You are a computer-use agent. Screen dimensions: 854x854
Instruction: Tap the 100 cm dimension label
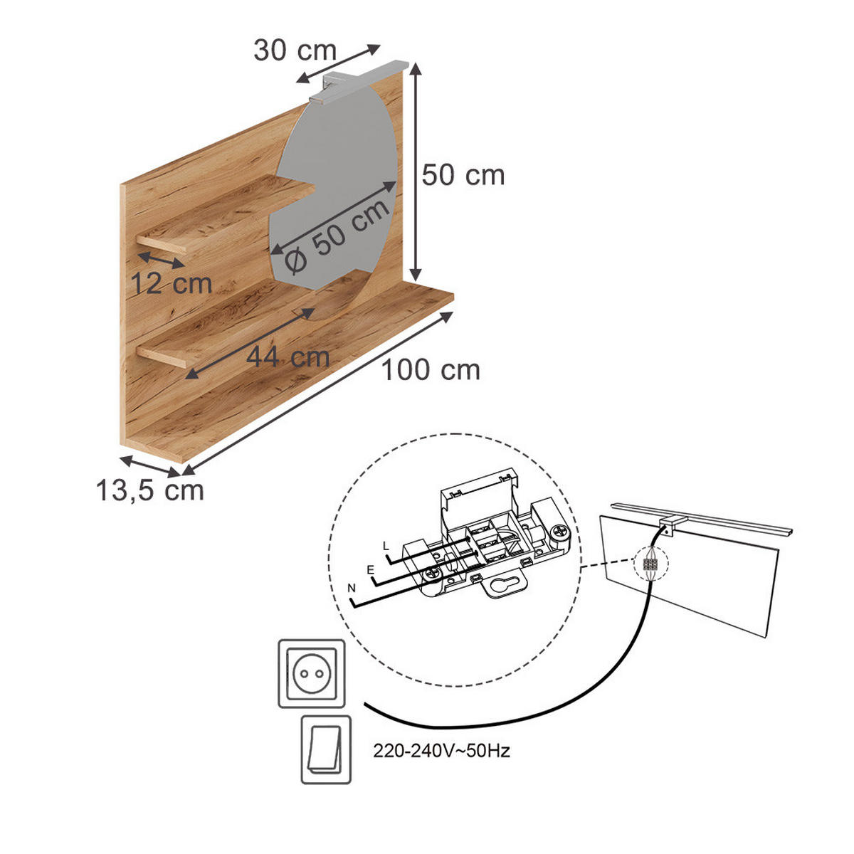click(431, 370)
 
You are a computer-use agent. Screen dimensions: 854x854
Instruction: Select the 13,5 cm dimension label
click(149, 490)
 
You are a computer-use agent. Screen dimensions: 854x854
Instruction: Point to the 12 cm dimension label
click(172, 284)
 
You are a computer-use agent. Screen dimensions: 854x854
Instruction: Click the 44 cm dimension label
click(288, 356)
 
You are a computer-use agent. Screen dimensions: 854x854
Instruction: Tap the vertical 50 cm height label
click(463, 175)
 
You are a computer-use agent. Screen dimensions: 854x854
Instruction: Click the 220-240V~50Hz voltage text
click(441, 751)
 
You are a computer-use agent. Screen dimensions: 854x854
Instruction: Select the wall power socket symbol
click(312, 673)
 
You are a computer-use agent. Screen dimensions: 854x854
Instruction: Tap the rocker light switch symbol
click(326, 749)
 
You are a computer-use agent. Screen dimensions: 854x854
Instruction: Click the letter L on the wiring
click(386, 546)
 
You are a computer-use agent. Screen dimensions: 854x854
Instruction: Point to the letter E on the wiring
click(369, 570)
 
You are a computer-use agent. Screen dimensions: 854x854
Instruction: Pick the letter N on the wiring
click(352, 589)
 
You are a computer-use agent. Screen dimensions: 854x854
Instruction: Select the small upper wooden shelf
click(228, 213)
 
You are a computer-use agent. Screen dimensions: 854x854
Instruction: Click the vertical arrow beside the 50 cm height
click(416, 171)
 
